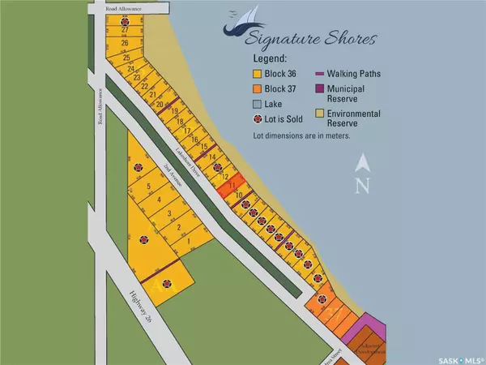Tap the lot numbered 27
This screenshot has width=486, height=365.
125,30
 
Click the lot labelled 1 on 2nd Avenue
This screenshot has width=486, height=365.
188,241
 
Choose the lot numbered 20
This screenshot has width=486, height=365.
160,105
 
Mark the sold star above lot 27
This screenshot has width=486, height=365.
124,20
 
